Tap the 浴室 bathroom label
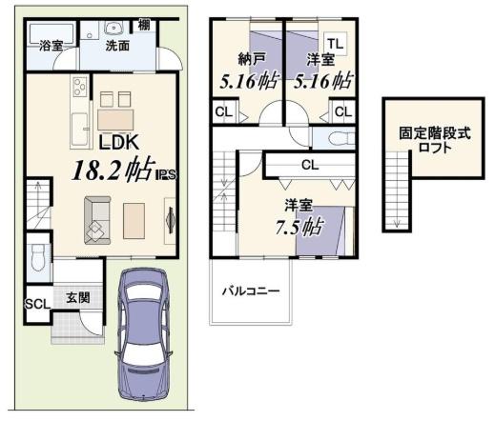[x=51, y=46]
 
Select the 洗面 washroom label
[x=117, y=46]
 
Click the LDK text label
[x=119, y=143]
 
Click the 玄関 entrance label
[x=78, y=297]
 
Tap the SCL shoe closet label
[x=38, y=304]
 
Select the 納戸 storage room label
[x=252, y=59]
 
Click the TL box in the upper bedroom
[x=336, y=43]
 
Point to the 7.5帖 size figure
[x=299, y=227]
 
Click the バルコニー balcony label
[x=251, y=291]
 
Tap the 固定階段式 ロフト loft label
[x=435, y=140]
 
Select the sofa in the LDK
[x=97, y=220]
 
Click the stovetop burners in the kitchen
[x=80, y=87]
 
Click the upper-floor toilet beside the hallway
[x=342, y=138]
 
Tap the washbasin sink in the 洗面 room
[x=113, y=28]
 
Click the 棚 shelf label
[x=144, y=26]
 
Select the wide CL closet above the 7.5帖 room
[x=310, y=165]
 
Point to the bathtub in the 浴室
[x=52, y=33]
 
